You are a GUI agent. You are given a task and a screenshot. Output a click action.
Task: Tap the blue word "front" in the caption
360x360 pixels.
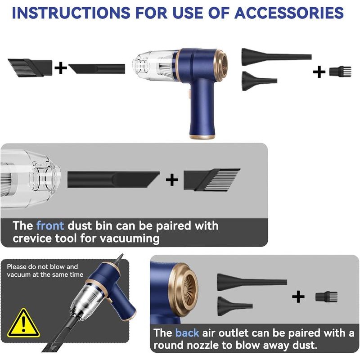coord(50,225)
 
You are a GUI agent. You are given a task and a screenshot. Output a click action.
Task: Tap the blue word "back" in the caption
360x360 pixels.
coord(187,333)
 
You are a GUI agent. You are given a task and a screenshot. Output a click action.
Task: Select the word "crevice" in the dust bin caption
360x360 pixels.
coord(34,238)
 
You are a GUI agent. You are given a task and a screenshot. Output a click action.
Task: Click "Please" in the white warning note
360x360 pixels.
coord(17,267)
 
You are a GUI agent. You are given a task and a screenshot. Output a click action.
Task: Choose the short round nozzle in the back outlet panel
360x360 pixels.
coord(234,305)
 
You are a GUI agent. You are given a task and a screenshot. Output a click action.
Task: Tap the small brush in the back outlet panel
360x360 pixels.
coord(323,297)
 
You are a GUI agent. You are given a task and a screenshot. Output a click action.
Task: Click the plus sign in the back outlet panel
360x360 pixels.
coord(298,297)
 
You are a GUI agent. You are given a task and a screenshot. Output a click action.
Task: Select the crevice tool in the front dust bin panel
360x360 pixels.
coord(113,179)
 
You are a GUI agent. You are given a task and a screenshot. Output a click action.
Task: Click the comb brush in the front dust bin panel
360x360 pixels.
coord(211,180)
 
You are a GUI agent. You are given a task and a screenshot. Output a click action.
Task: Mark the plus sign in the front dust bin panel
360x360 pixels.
coord(172,180)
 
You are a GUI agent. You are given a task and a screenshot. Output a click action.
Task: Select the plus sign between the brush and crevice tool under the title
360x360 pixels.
coord(60,68)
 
